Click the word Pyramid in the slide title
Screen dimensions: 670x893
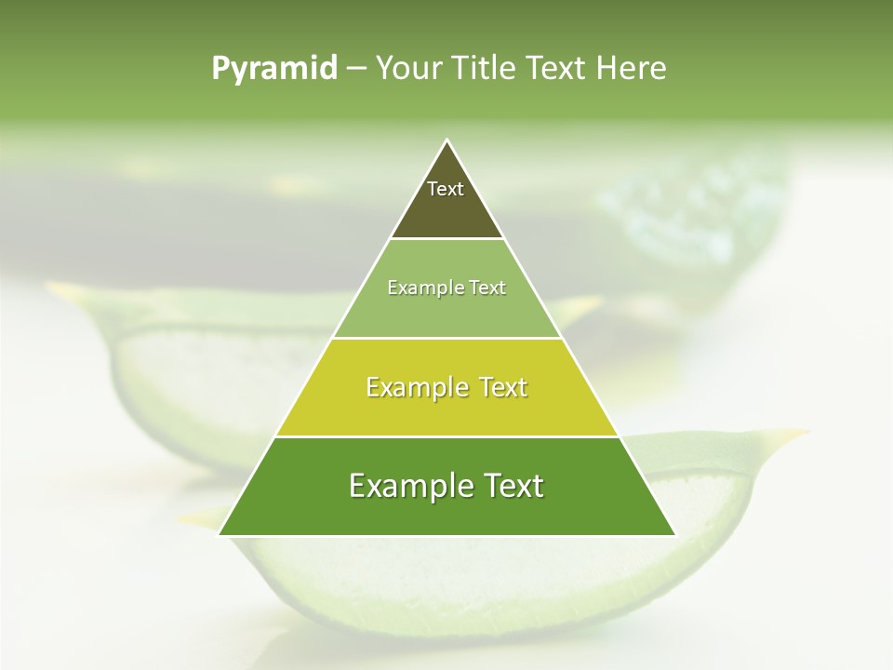[x=273, y=69]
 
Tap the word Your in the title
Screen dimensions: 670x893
[x=408, y=69]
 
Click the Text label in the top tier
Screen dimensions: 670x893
[x=446, y=190]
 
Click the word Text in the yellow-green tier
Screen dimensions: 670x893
[x=503, y=387]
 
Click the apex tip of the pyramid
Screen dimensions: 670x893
[x=447, y=141]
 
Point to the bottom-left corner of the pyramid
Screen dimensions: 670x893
[x=220, y=534]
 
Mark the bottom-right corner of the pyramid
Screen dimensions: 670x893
[x=674, y=534]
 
